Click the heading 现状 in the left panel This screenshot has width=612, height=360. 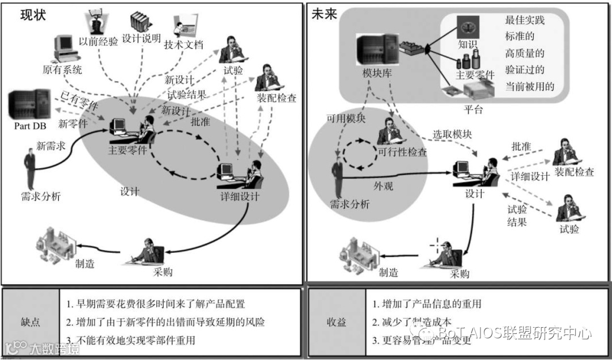click(x=33, y=16)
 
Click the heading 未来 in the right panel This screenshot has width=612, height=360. click(x=324, y=15)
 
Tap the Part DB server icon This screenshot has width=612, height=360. click(x=29, y=104)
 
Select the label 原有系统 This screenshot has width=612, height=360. click(x=62, y=70)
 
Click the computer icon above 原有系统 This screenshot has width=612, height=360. click(x=63, y=48)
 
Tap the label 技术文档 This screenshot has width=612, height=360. click(x=183, y=45)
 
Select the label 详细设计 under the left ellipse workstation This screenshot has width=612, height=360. click(x=240, y=197)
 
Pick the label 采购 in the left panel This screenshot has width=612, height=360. click(x=163, y=272)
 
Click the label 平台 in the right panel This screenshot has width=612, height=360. click(x=473, y=109)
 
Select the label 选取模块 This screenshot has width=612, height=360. click(x=452, y=134)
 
